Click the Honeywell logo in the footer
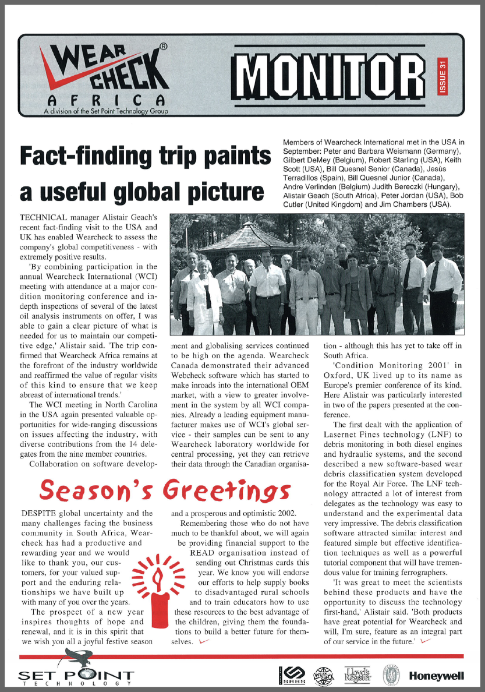[x=437, y=676]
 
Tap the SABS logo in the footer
[x=290, y=676]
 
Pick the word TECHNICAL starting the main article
[x=45, y=216]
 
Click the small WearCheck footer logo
[x=323, y=676]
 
